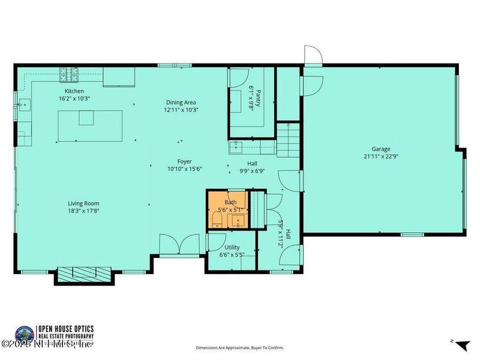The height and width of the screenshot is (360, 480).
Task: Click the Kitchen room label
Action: tap(73, 91)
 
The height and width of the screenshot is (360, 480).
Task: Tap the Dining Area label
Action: tap(181, 103)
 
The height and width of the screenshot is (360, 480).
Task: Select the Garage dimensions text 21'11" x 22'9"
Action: tap(380, 157)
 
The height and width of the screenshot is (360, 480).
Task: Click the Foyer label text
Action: tap(184, 161)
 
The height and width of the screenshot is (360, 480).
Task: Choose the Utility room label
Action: tap(232, 247)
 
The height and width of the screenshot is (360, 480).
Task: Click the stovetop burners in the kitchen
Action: tap(68, 74)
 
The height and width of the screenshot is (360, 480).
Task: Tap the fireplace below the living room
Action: tap(84, 275)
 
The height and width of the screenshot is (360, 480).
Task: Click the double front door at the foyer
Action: tap(179, 245)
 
